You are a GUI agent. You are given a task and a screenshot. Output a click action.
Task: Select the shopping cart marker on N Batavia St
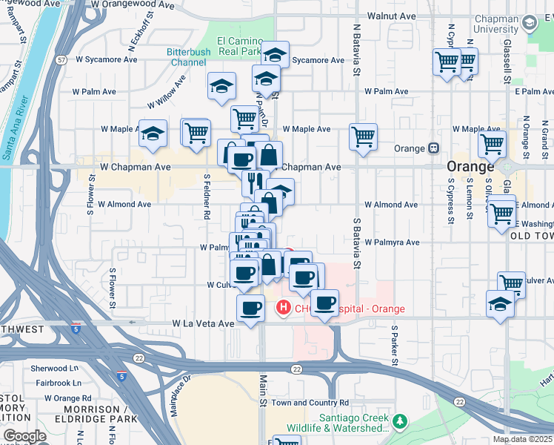[363, 136]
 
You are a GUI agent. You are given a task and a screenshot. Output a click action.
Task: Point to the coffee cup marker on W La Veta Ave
[250, 308]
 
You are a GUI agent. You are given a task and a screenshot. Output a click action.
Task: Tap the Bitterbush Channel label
[190, 57]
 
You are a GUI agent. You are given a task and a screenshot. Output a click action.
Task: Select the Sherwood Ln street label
[55, 368]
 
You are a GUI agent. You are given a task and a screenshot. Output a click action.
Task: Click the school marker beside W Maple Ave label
[153, 134]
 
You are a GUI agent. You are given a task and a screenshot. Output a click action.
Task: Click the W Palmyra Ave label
[391, 242]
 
